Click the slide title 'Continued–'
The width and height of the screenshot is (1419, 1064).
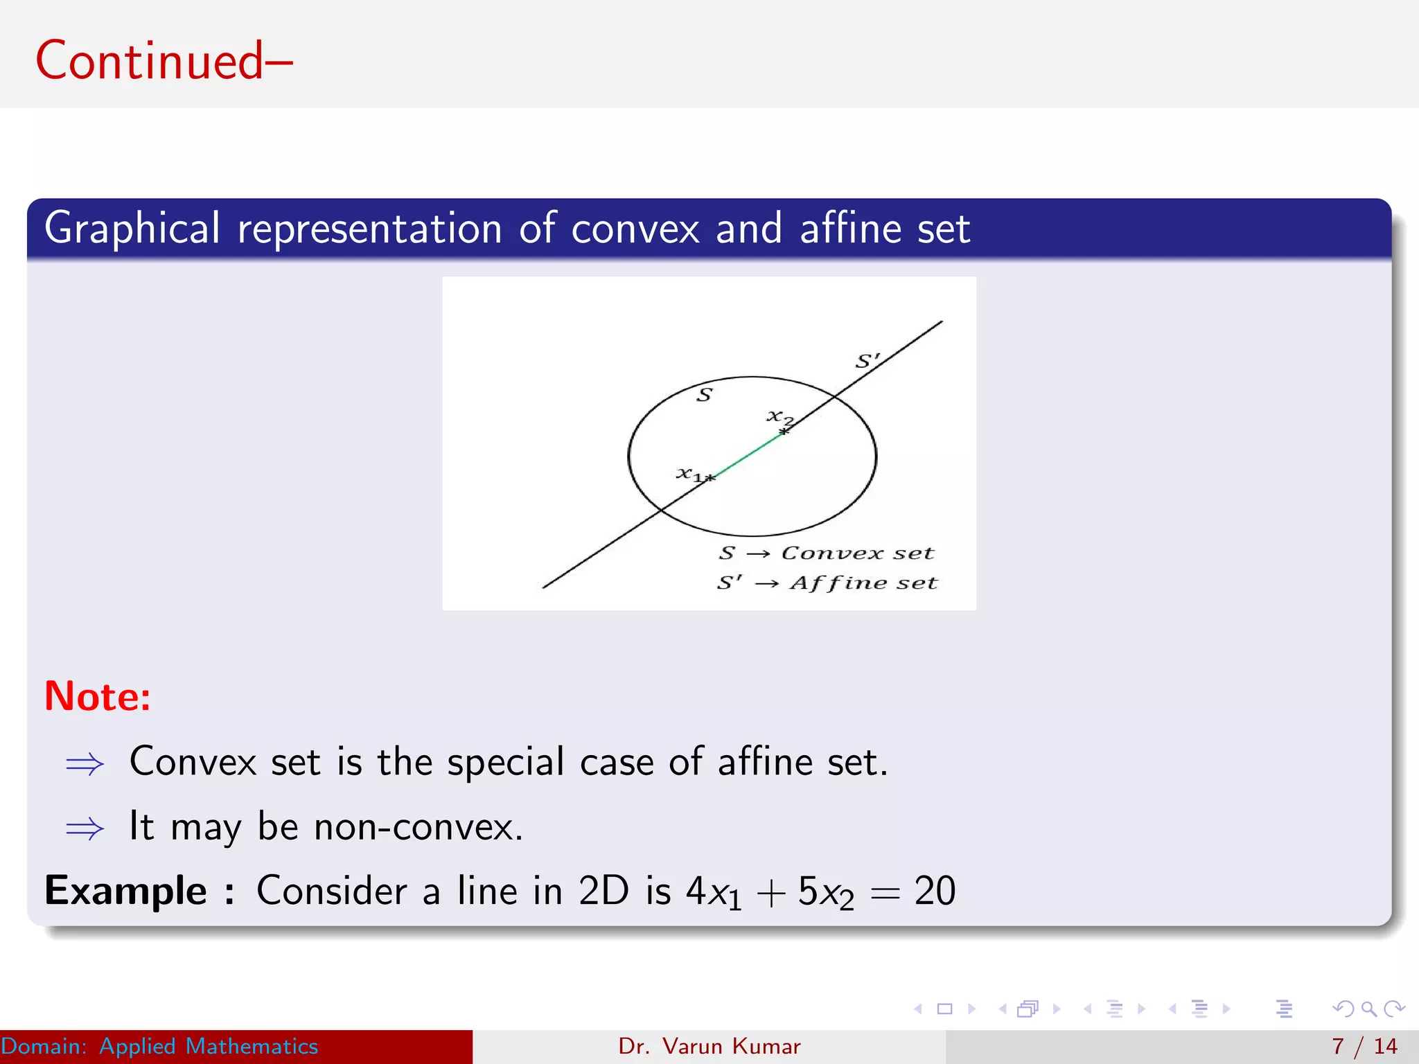click(164, 61)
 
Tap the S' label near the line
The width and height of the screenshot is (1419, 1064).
click(867, 361)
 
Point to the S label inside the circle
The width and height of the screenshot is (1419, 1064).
click(704, 396)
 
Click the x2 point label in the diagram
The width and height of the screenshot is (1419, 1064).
click(779, 417)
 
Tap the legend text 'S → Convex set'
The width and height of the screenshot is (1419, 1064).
click(826, 553)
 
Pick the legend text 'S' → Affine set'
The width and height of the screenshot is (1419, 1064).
click(827, 583)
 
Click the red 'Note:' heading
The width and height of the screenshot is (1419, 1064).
click(98, 696)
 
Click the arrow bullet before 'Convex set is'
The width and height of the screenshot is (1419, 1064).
click(85, 764)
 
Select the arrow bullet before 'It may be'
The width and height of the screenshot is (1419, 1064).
click(85, 828)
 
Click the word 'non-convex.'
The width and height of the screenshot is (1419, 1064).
click(418, 826)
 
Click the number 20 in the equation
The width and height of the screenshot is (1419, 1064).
click(934, 891)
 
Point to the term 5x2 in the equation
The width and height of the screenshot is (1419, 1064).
click(825, 892)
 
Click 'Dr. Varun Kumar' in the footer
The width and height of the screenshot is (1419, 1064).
click(709, 1046)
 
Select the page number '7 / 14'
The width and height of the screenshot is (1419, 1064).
click(1364, 1046)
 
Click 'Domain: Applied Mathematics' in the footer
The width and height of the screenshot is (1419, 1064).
click(159, 1046)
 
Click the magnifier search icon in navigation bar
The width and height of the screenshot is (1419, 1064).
click(1368, 1009)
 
